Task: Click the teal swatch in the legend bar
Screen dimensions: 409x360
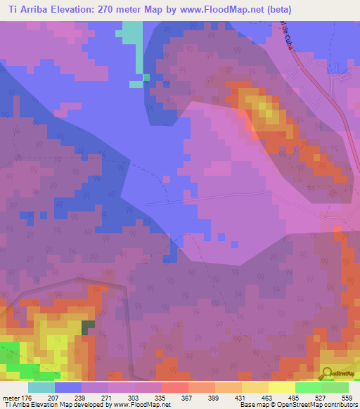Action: [41, 387]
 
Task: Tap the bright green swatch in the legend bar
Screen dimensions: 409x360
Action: [308, 387]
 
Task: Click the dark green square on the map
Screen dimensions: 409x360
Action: [88, 327]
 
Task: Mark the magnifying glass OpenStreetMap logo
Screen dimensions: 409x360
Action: [328, 375]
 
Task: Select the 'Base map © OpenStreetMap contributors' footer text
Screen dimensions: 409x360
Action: [298, 405]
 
